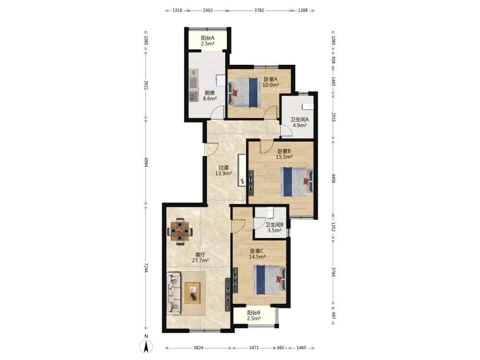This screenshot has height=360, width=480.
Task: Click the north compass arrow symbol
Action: (146, 347)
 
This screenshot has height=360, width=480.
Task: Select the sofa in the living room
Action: (174, 293)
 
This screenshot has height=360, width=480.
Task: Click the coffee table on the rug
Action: (192, 293)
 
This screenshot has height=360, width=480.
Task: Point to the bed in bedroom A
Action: (244, 92)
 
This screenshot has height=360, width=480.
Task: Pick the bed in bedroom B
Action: (297, 182)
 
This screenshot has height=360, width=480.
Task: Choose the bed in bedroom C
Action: (269, 280)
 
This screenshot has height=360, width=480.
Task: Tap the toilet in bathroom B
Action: (270, 212)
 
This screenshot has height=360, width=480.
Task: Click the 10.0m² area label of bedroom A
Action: (271, 85)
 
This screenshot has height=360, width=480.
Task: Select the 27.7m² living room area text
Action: (201, 261)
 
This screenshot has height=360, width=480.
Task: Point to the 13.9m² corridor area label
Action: (224, 173)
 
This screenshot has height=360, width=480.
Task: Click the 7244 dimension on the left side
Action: (146, 267)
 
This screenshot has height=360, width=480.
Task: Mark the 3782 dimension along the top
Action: (259, 11)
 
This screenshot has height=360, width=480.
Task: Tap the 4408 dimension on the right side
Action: (334, 179)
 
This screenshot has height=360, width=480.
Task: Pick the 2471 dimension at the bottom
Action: (254, 348)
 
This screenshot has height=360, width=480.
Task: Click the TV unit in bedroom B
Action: (251, 183)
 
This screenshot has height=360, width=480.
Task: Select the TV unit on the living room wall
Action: (228, 294)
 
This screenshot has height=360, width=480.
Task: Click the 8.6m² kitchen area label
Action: (210, 98)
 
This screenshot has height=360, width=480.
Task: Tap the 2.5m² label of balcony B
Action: (254, 318)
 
